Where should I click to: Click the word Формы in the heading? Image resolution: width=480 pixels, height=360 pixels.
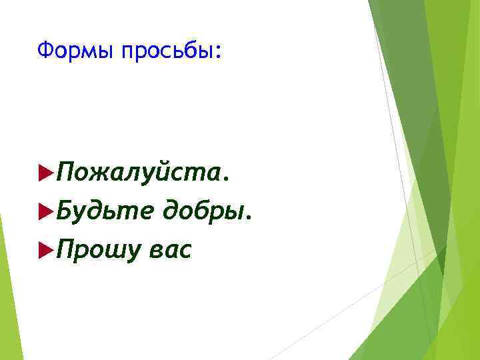[x=76, y=49]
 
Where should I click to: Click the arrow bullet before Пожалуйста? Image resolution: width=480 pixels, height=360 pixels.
[x=45, y=174]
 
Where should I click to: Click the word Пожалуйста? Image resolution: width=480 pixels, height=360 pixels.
[x=143, y=175]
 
